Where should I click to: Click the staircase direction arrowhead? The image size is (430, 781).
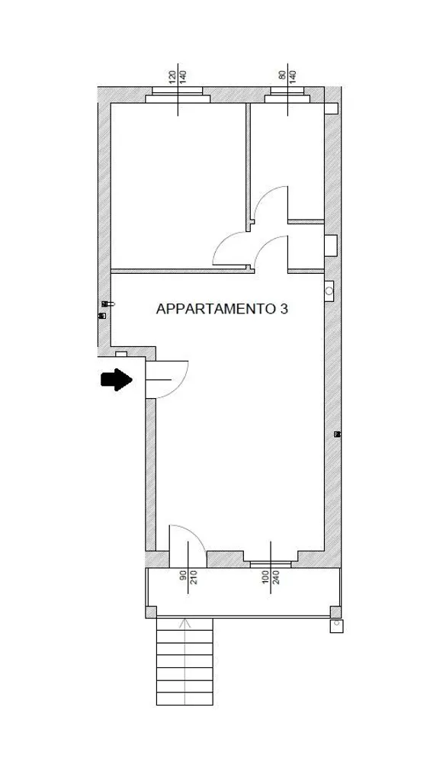pos(185,622)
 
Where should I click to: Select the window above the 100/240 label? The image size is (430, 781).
pos(270,564)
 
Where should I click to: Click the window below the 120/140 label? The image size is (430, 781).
pos(178,95)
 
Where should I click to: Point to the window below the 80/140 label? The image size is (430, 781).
pos(287,95)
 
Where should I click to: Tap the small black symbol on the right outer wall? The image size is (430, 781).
pos(338,434)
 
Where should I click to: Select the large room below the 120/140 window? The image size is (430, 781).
pos(178,185)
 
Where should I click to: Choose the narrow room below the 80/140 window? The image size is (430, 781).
pos(287,161)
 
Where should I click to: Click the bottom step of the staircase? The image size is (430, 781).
pos(185,699)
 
